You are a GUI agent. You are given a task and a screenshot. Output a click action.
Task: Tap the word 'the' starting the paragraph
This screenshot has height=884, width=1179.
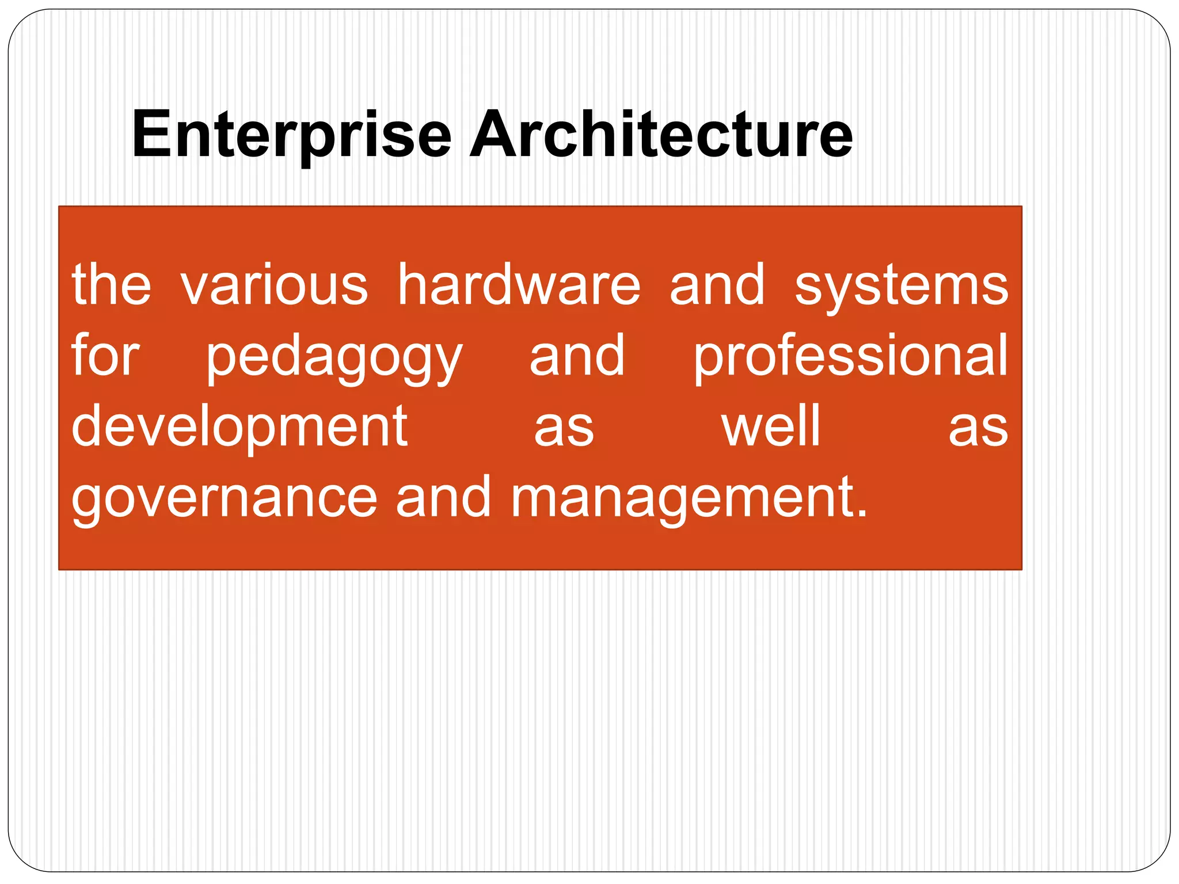(x=111, y=285)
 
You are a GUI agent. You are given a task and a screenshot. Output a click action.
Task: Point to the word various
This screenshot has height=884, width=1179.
(x=274, y=285)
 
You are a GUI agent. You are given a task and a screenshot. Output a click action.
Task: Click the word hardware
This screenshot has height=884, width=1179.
(x=519, y=285)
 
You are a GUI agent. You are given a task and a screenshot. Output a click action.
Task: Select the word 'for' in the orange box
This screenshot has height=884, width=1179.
(x=105, y=356)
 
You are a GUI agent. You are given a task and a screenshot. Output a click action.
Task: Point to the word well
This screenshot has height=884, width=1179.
(x=770, y=426)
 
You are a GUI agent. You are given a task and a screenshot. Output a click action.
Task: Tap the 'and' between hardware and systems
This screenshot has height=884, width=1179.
(x=717, y=285)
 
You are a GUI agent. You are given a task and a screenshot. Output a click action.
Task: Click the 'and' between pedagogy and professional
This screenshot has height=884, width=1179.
(x=577, y=356)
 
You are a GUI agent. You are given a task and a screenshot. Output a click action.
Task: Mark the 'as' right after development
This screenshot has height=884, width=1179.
(x=564, y=430)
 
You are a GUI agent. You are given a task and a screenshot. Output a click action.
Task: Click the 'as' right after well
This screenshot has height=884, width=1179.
(x=978, y=430)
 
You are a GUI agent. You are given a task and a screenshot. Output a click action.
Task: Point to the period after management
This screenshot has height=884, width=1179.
(x=862, y=514)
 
